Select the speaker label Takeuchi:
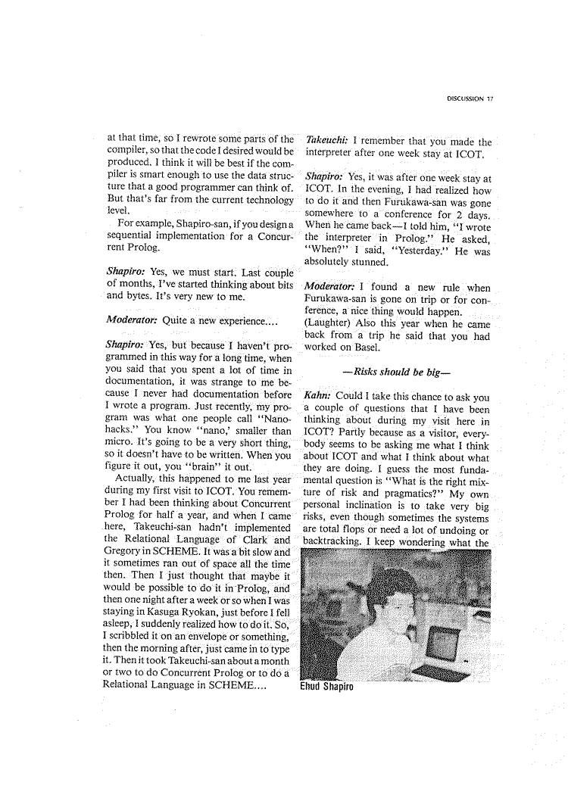(x=326, y=141)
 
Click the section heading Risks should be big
(x=397, y=373)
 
